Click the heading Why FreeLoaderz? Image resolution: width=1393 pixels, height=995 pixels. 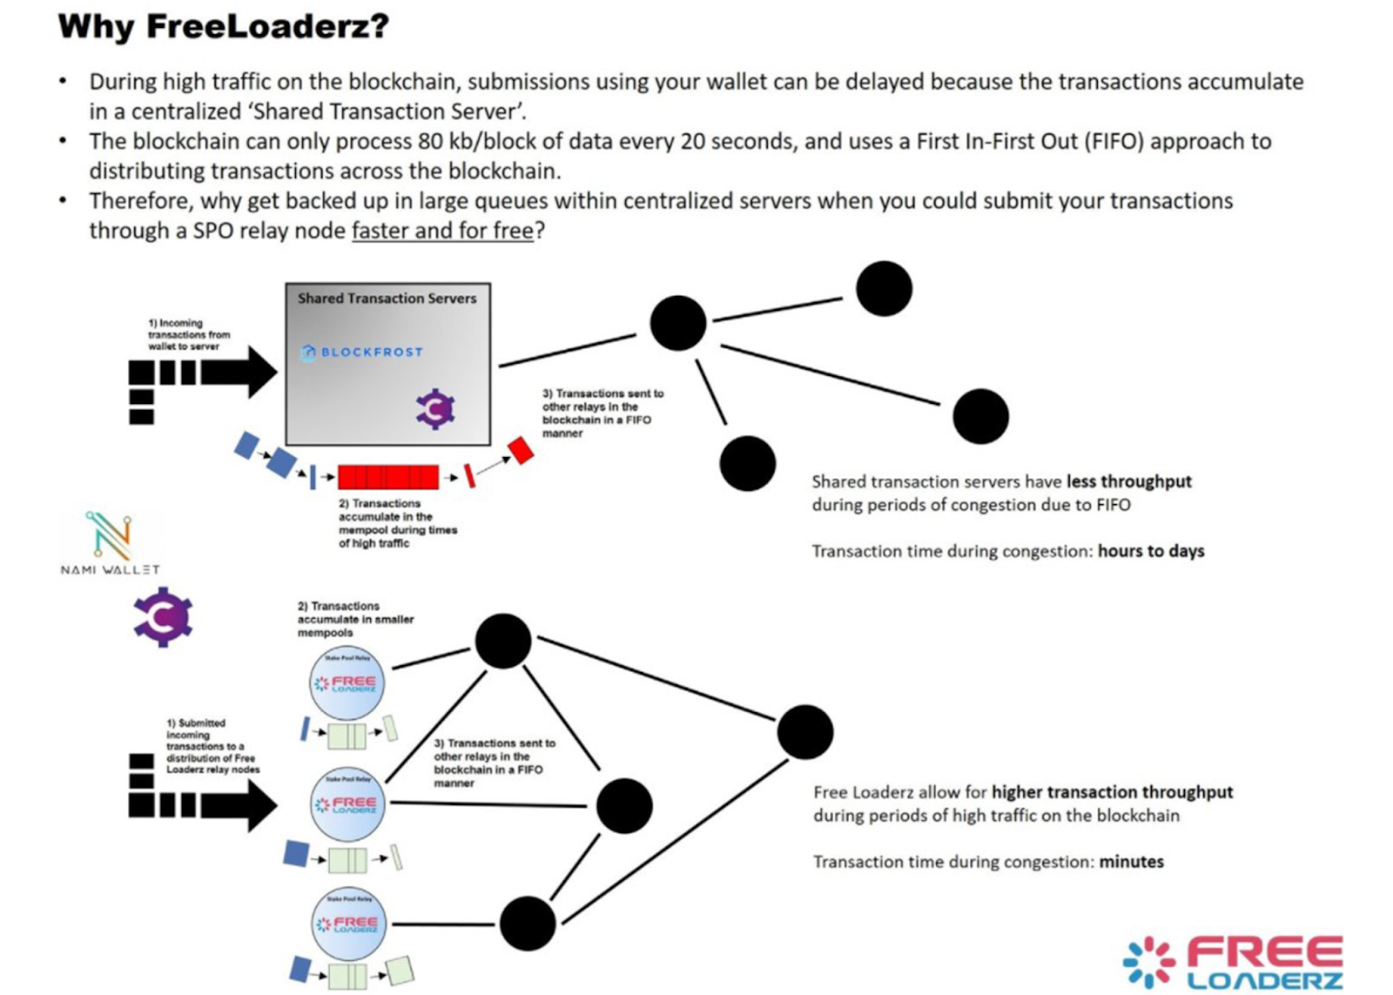(x=223, y=26)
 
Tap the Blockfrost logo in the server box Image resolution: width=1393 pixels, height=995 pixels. (x=362, y=353)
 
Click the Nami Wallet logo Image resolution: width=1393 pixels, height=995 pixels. (x=111, y=541)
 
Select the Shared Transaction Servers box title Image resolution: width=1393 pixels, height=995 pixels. (x=387, y=298)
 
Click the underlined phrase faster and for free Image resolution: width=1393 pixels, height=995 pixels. (x=442, y=231)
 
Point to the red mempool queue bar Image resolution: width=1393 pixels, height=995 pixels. (x=388, y=477)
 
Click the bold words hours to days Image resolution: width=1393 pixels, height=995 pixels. (x=1151, y=551)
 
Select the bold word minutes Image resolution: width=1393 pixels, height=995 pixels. (x=1131, y=862)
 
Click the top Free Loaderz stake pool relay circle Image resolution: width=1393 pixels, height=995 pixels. (x=347, y=682)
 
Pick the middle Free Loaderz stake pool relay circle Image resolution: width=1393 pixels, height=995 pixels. (x=347, y=803)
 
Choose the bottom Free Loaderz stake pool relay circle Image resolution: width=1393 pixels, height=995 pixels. (x=348, y=924)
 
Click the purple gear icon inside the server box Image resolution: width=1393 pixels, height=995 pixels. (x=435, y=409)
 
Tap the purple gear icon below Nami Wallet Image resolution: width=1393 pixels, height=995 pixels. (x=163, y=617)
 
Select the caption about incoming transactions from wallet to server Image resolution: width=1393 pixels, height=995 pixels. (x=188, y=334)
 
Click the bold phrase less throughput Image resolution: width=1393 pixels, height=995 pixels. (x=1128, y=481)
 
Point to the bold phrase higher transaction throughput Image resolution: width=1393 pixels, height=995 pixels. (x=1112, y=792)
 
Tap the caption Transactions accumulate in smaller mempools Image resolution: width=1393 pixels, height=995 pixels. (x=354, y=619)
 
